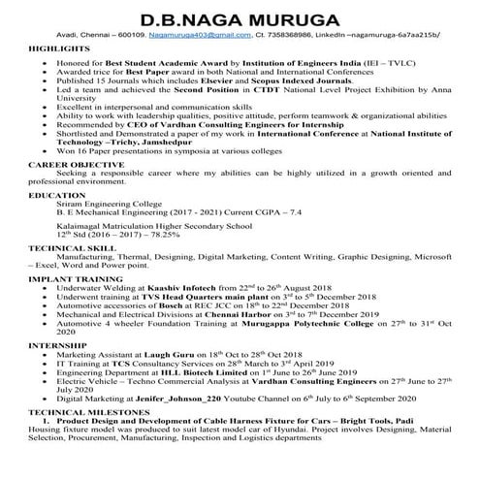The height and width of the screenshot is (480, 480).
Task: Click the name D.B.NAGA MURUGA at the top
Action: pos(240,20)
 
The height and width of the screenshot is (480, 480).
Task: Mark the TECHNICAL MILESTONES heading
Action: pos(83,438)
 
